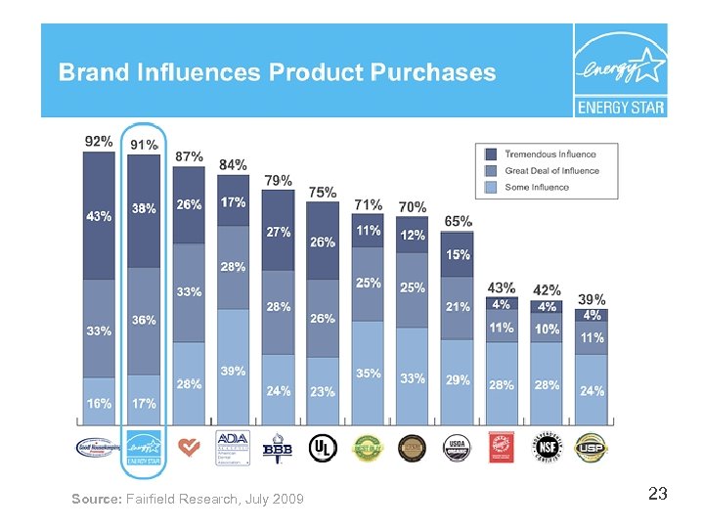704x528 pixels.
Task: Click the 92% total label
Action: pos(99,141)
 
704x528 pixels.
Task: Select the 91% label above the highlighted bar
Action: pos(145,145)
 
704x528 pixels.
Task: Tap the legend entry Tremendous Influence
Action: pos(550,154)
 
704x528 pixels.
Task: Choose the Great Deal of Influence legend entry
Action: pos(551,171)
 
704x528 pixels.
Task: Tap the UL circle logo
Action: pos(322,447)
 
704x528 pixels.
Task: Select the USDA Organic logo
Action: pos(456,446)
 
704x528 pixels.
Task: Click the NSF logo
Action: pos(546,446)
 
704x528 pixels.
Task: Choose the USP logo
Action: pos(590,446)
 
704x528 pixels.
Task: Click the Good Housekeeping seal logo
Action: pos(99,447)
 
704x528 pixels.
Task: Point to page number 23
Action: pos(657,495)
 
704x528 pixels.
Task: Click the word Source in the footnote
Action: pos(97,500)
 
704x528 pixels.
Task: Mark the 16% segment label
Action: pos(99,403)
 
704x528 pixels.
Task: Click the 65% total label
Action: pos(458,222)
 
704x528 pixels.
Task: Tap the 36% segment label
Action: pos(145,320)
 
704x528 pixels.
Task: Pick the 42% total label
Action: pos(547,290)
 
